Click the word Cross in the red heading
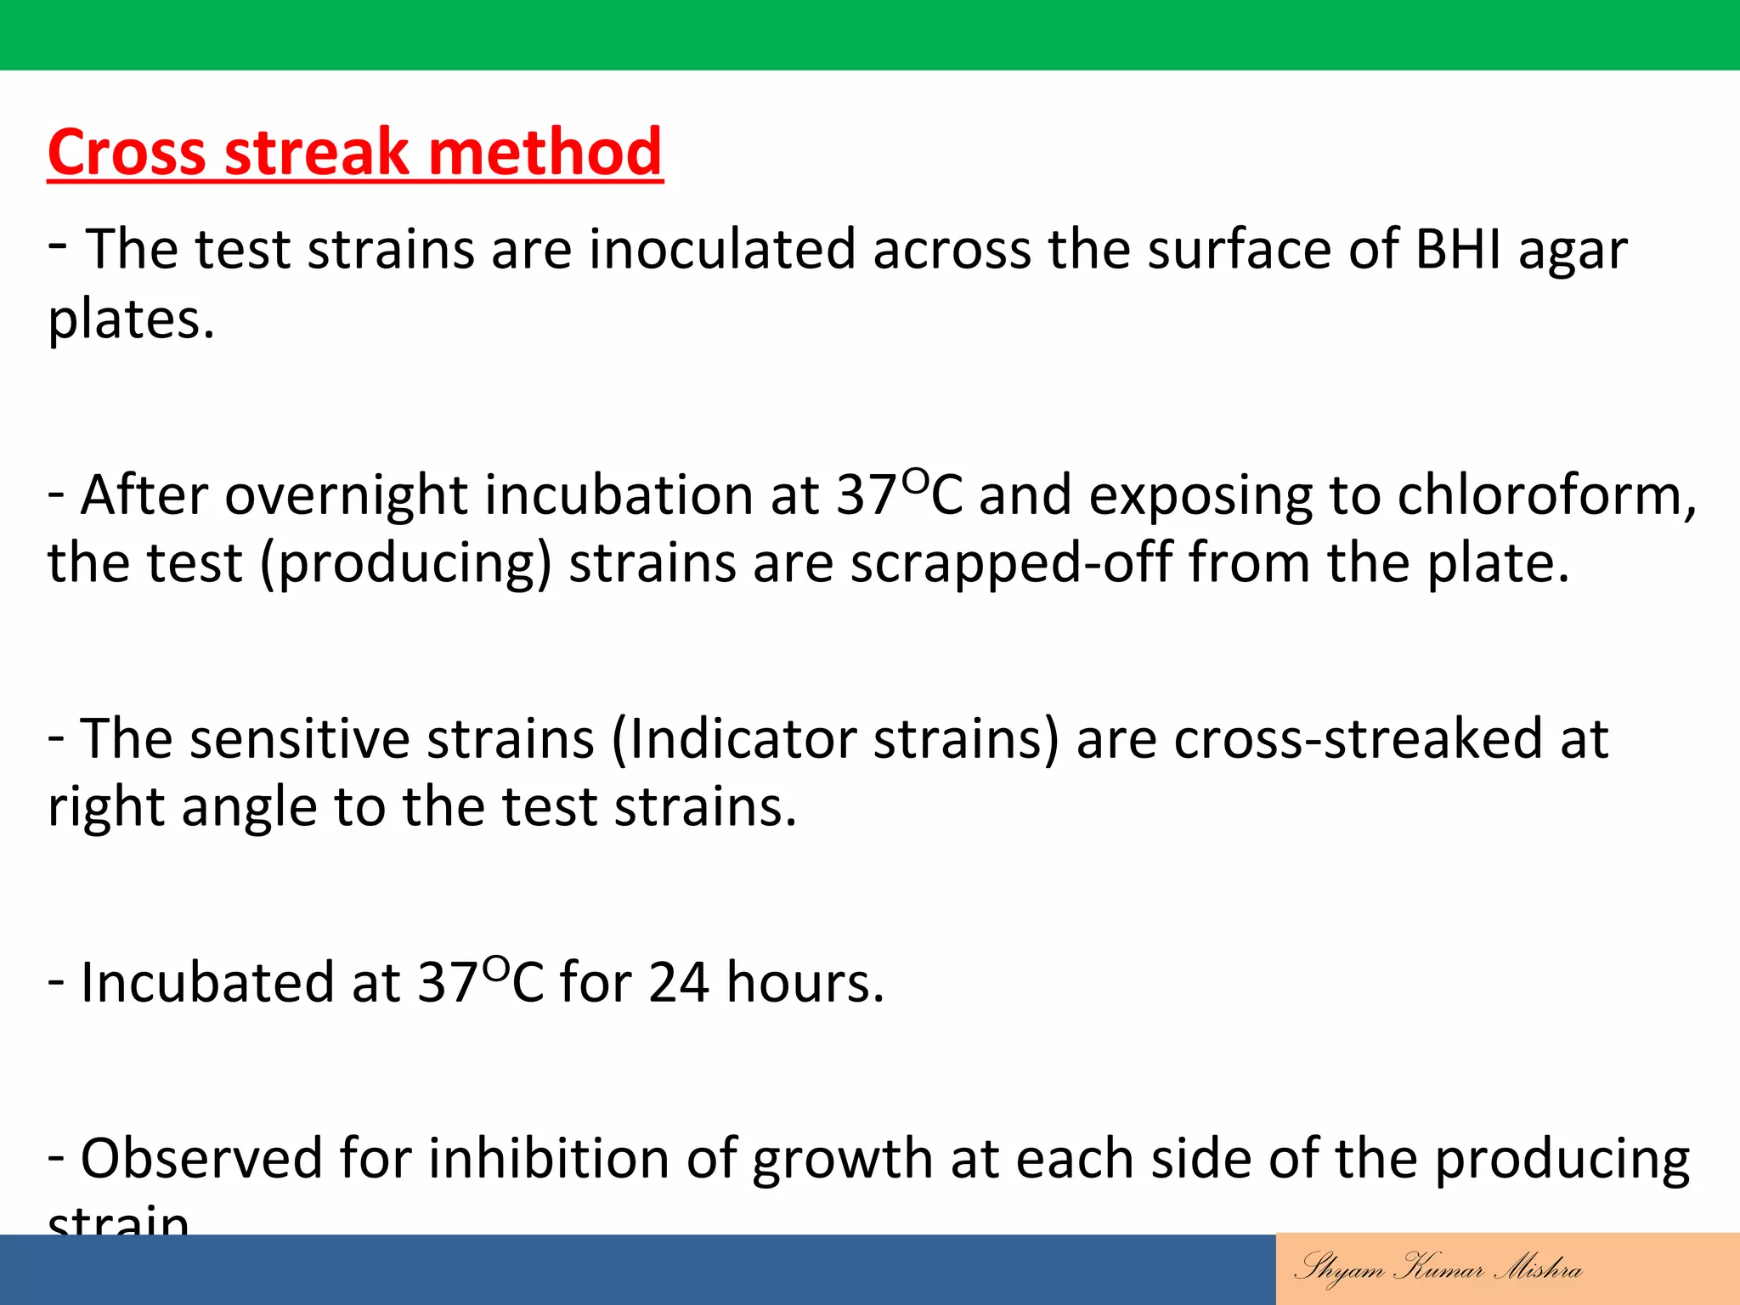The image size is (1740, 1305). pyautogui.click(x=126, y=153)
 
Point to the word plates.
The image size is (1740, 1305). pyautogui.click(x=130, y=321)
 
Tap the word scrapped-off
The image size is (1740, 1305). pyautogui.click(x=1011, y=563)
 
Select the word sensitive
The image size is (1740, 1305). pyautogui.click(x=299, y=739)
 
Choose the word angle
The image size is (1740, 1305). pyautogui.click(x=248, y=807)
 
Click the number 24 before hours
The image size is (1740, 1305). pyautogui.click(x=678, y=984)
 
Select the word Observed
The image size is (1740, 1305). pyautogui.click(x=201, y=1159)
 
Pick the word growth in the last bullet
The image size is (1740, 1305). pyautogui.click(x=842, y=1161)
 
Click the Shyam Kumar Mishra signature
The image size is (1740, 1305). pyautogui.click(x=1438, y=1268)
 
